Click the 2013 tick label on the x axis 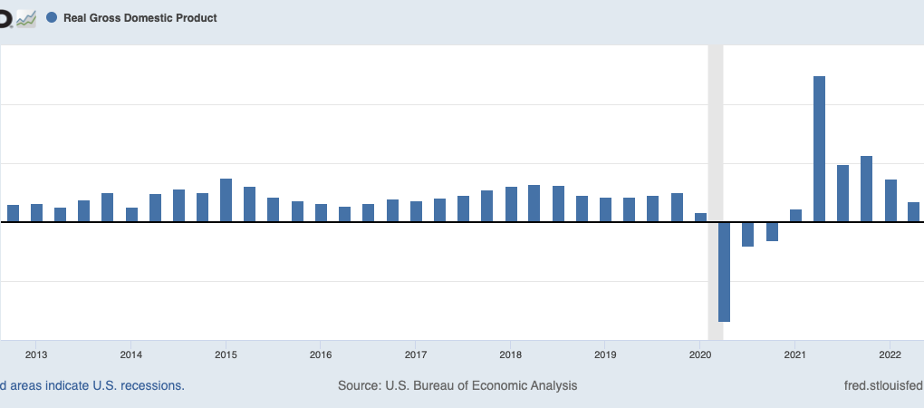(x=36, y=354)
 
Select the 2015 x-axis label (x=226, y=354)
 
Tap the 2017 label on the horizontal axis (x=416, y=354)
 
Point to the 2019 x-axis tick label (x=605, y=354)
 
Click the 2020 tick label (x=700, y=354)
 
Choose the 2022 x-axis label (x=890, y=354)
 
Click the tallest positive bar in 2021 (x=819, y=149)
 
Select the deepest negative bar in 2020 (x=724, y=271)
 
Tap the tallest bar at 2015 (x=226, y=199)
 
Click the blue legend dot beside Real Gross (x=52, y=17)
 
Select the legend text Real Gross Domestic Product (x=140, y=17)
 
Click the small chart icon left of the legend (x=26, y=17)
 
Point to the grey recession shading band (x=715, y=136)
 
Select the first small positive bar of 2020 (x=700, y=218)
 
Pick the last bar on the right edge (x=913, y=212)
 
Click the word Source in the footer (x=359, y=385)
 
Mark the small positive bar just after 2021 (x=795, y=216)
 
